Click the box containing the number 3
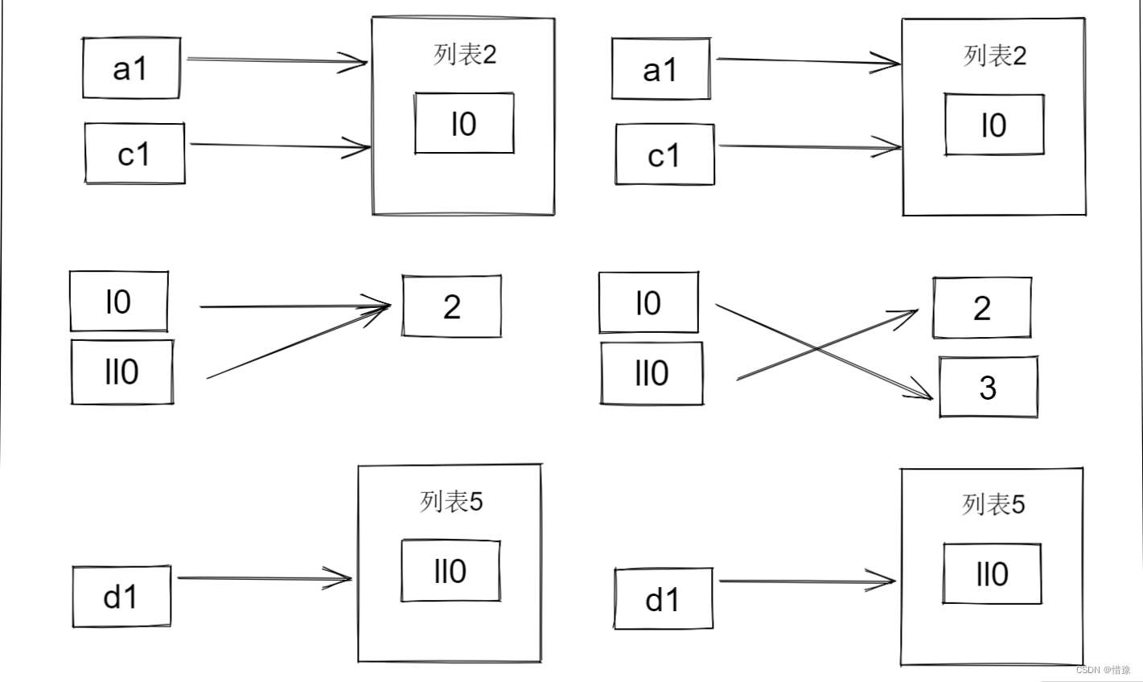988,388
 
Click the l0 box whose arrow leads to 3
648,303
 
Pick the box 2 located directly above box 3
982,308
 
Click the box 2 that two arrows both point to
451,306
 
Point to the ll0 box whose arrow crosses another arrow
652,373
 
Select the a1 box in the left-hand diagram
131,68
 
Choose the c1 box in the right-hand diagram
664,154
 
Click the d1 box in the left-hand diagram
121,596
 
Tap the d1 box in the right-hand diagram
663,599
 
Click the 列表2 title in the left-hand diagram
465,55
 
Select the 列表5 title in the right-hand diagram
993,505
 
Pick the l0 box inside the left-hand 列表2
464,123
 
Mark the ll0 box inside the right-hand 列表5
992,573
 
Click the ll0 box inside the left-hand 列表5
450,571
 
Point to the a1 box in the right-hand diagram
660,69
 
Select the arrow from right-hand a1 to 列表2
804,61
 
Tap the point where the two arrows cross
816,348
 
